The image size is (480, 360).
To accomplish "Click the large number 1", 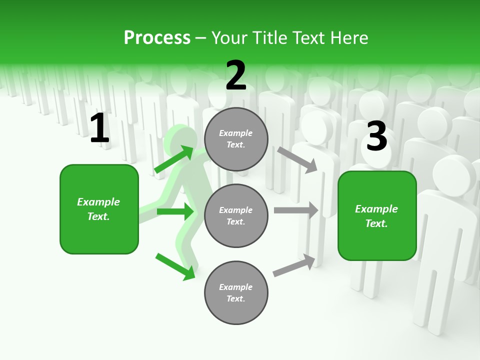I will (99, 128).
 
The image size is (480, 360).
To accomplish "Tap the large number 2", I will (236, 75).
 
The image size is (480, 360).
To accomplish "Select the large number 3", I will (376, 136).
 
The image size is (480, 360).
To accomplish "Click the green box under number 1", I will (99, 209).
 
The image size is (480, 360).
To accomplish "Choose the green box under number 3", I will (377, 216).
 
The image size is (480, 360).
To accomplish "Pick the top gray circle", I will (236, 139).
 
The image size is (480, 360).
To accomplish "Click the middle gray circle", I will (236, 215).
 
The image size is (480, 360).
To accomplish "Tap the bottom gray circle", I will (236, 292).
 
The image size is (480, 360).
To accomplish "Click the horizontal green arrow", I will (175, 211).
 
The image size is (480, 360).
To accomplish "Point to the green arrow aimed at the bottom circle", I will (175, 266).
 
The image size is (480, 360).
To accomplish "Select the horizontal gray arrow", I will (296, 210).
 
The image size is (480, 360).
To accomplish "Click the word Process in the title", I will (157, 37).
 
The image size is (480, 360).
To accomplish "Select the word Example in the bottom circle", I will (236, 287).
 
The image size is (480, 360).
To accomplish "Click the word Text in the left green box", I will (98, 216).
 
